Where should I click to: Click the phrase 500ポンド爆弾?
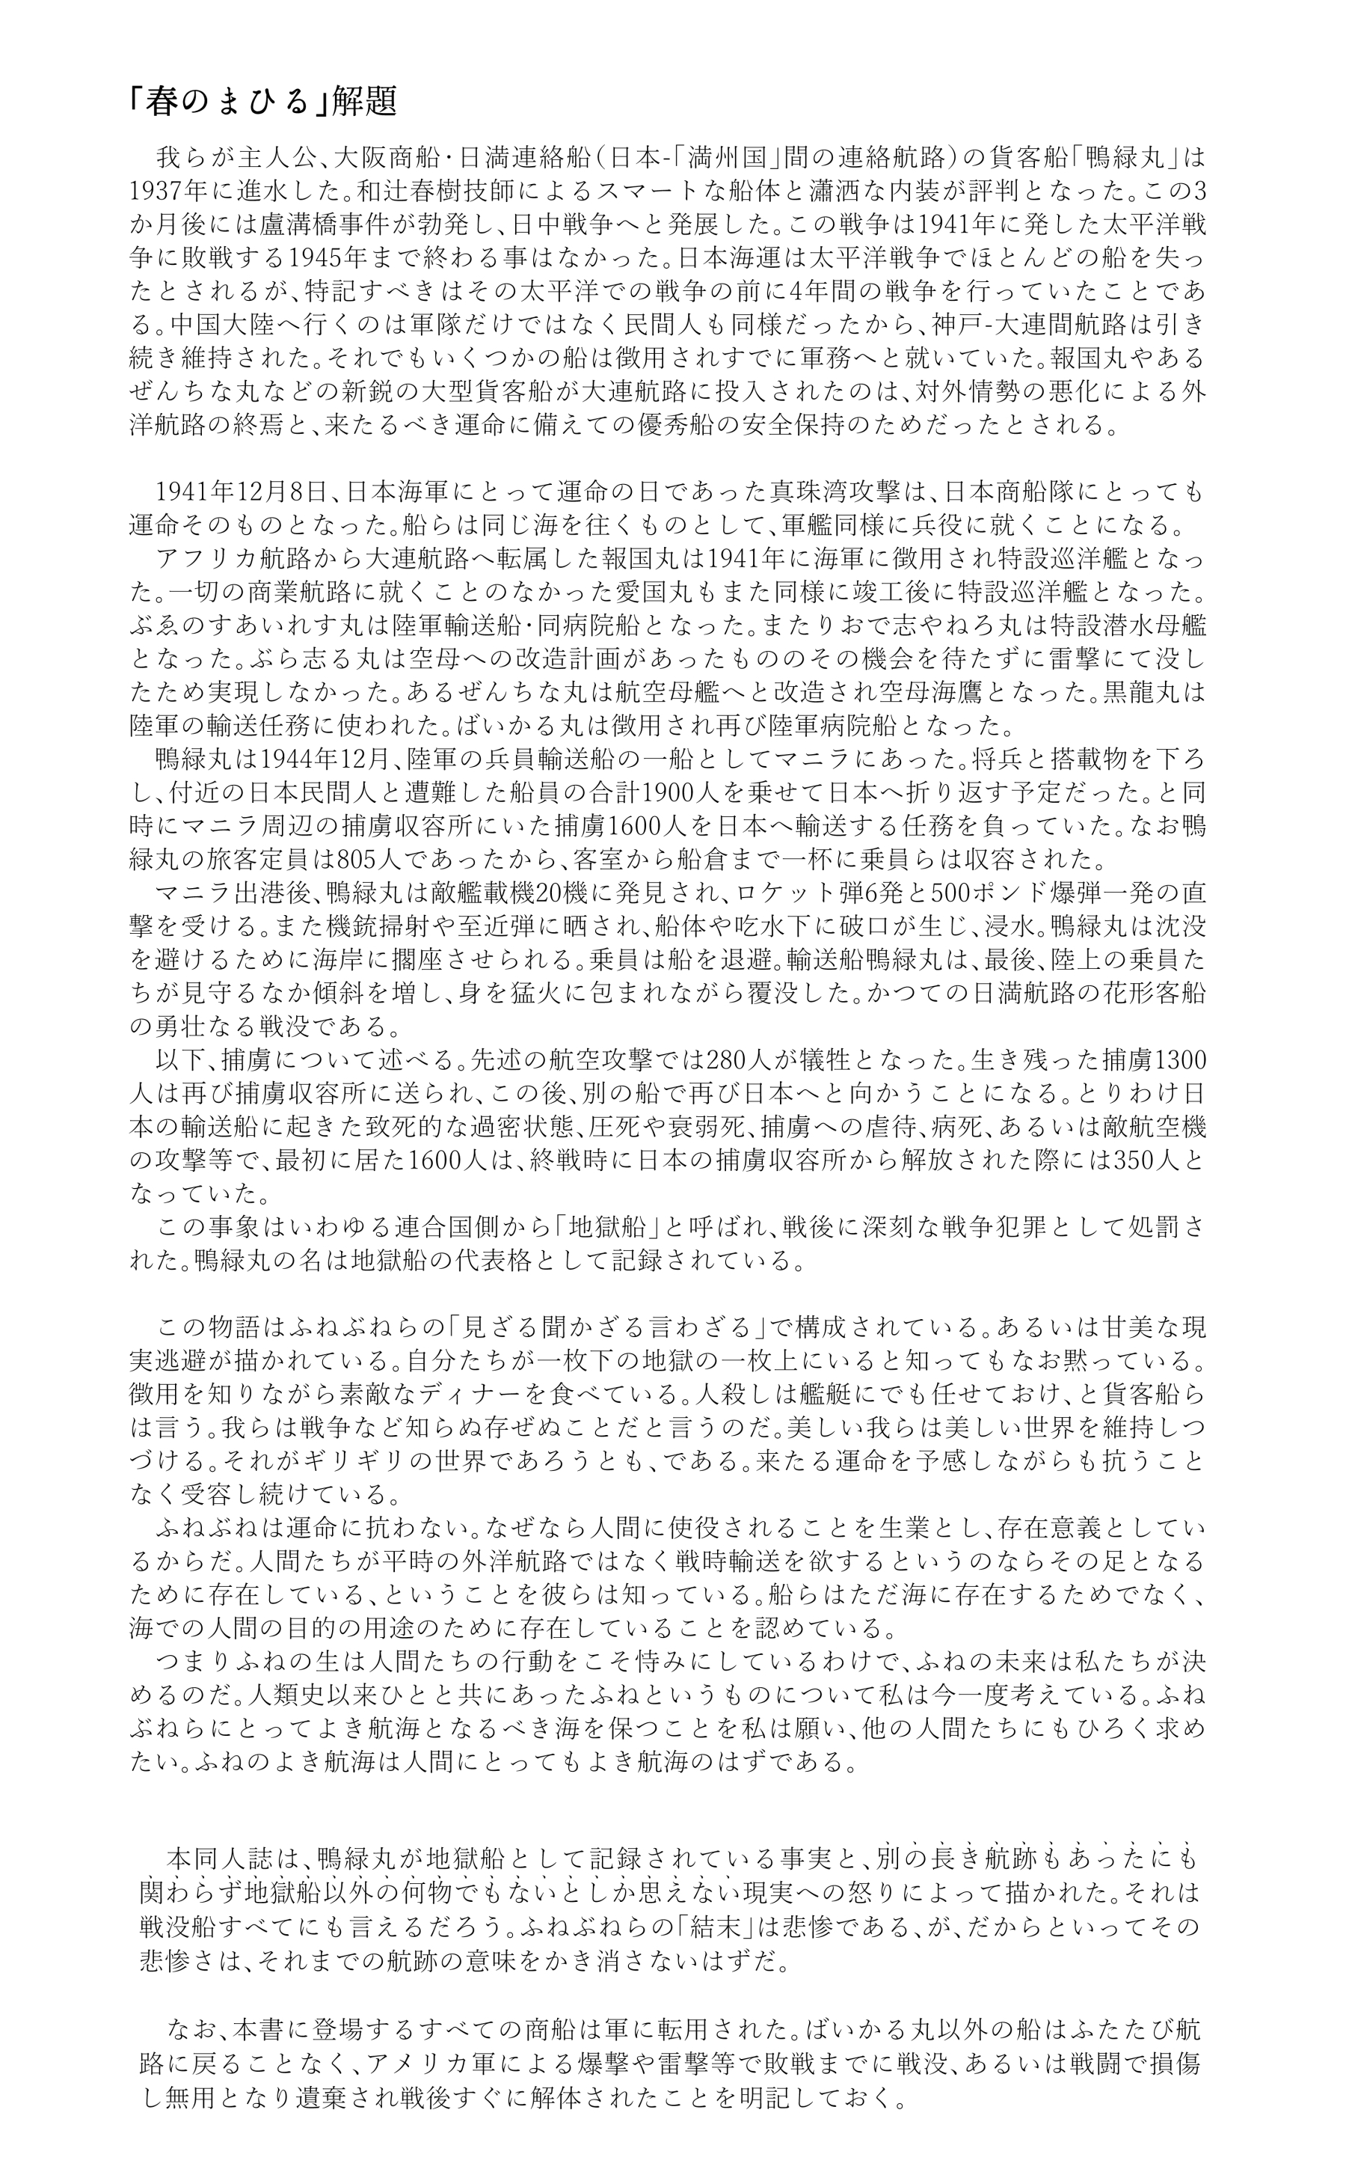click(x=1001, y=891)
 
